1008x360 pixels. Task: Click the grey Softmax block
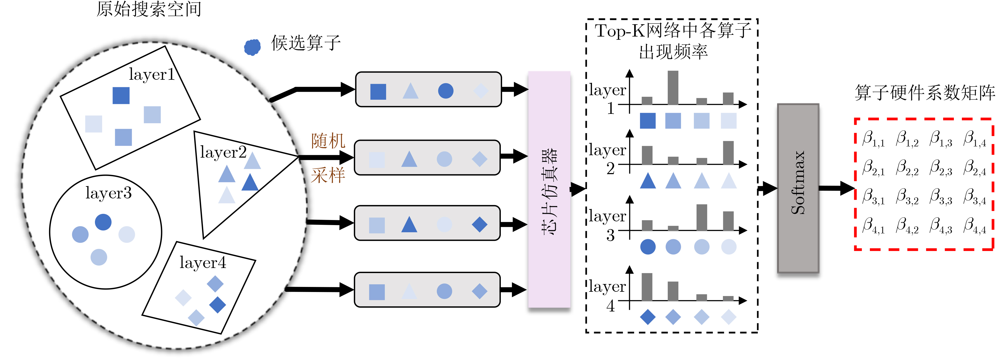798,188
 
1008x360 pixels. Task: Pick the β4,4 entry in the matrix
974,226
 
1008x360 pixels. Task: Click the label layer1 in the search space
151,74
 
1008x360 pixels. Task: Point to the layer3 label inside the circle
108,193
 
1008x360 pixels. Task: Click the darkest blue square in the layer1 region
121,95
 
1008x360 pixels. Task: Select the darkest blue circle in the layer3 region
103,222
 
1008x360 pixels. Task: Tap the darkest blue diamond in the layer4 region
218,305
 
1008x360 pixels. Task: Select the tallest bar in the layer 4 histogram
647,287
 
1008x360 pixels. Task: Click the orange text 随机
328,141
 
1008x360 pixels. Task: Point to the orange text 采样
328,175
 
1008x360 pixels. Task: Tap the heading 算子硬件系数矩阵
925,93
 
